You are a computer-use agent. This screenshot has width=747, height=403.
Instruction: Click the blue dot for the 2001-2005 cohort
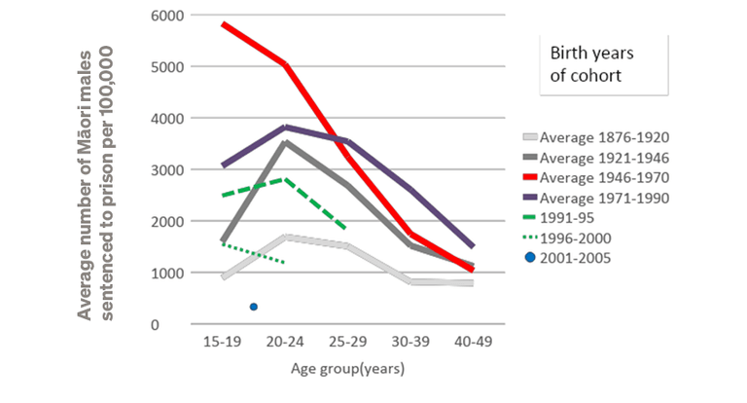254,307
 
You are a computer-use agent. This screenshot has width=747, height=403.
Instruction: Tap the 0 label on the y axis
181,324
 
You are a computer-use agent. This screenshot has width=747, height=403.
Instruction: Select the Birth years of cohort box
603,64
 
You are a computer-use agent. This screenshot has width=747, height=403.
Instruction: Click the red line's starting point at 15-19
225,23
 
